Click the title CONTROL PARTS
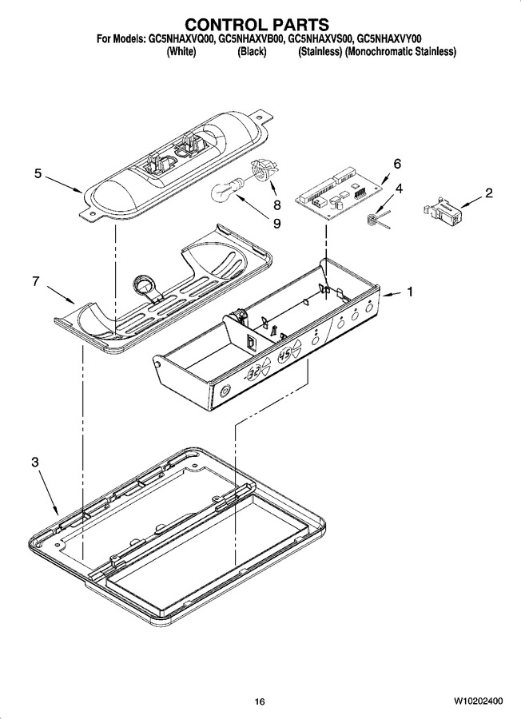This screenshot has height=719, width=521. [x=257, y=24]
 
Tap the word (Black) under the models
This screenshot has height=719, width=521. [x=252, y=52]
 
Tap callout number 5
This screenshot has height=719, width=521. [x=38, y=173]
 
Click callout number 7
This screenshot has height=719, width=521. [x=36, y=280]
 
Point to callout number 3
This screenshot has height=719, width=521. [x=35, y=463]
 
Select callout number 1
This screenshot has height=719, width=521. [x=410, y=292]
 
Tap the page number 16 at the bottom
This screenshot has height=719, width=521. [x=260, y=701]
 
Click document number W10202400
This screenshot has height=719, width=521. [x=479, y=701]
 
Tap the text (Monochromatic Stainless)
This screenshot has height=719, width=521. [x=401, y=52]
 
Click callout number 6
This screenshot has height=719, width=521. [x=397, y=164]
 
